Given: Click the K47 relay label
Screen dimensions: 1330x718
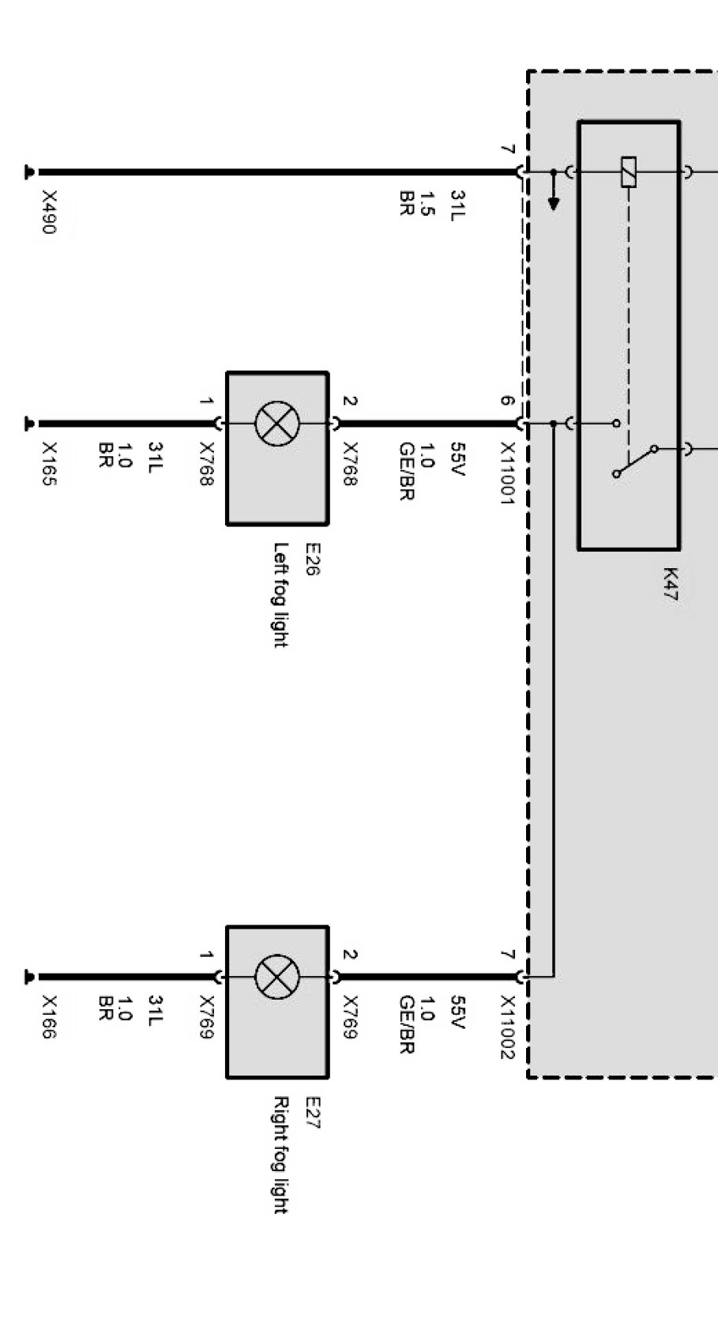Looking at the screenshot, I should pyautogui.click(x=670, y=585).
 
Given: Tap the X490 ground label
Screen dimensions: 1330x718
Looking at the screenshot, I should pyautogui.click(x=49, y=212).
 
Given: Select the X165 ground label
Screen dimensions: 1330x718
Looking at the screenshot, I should pyautogui.click(x=49, y=465).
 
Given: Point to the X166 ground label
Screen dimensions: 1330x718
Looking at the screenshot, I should pyautogui.click(x=49, y=1017).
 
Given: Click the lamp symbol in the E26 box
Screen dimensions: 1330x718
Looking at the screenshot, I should pyautogui.click(x=276, y=424).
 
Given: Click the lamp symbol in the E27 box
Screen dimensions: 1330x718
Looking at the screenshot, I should pyautogui.click(x=276, y=977).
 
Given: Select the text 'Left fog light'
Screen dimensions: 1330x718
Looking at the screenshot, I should pyautogui.click(x=280, y=594).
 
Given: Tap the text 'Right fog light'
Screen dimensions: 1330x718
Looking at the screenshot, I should pyautogui.click(x=280, y=1154).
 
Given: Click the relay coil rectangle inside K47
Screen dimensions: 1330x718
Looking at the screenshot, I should pyautogui.click(x=629, y=171).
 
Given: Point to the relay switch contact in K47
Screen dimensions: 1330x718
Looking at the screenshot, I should pyautogui.click(x=635, y=462).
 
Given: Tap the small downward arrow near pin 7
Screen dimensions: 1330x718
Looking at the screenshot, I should pyautogui.click(x=554, y=202).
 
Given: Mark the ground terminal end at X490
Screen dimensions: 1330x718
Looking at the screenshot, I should pyautogui.click(x=30, y=171).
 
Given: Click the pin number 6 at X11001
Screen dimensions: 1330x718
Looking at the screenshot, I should pyautogui.click(x=507, y=401).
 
